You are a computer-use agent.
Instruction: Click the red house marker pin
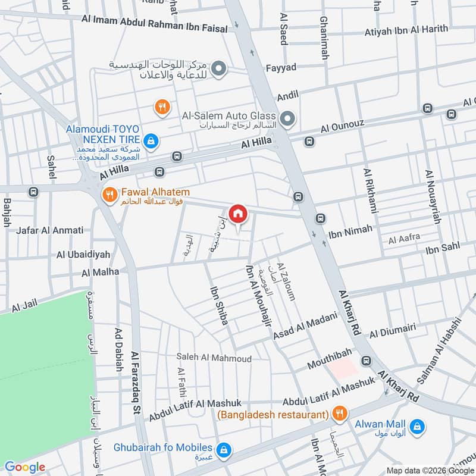click(x=238, y=213)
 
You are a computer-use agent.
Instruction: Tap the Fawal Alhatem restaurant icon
click(x=109, y=194)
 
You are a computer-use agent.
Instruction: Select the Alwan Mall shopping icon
click(x=418, y=426)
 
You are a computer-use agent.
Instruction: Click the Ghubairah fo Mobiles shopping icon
click(x=224, y=449)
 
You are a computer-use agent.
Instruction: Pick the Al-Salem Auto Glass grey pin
click(x=288, y=120)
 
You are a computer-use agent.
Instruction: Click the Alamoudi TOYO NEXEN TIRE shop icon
click(x=151, y=140)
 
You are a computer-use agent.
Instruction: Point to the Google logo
click(x=24, y=466)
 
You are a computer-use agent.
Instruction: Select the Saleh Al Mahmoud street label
click(x=214, y=358)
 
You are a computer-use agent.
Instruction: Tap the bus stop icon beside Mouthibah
click(x=365, y=361)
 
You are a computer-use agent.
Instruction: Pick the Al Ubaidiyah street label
click(x=83, y=254)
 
